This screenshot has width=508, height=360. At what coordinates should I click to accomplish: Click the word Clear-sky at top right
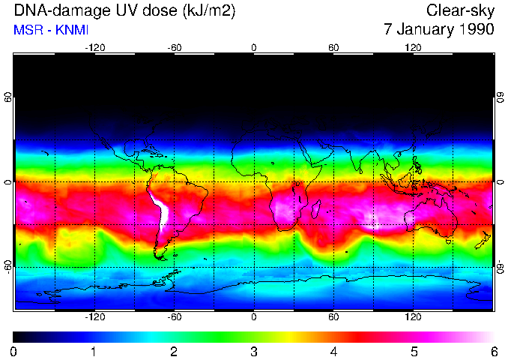click(x=461, y=10)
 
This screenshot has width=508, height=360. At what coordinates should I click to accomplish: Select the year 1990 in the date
click(x=474, y=30)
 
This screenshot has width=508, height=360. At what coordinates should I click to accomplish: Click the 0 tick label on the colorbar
click(x=14, y=351)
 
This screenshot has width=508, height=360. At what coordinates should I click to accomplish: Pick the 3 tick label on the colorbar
click(x=254, y=351)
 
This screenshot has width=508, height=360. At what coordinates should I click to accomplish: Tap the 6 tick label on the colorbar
click(x=494, y=351)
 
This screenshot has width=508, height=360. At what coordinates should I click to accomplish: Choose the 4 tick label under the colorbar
click(x=334, y=351)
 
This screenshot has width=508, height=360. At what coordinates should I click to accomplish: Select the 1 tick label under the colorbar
click(x=94, y=351)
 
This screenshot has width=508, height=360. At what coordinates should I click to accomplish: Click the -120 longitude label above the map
click(x=94, y=47)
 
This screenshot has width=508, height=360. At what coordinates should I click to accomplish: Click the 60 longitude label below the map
click(x=333, y=317)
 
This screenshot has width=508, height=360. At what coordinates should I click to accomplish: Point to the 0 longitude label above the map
click(x=254, y=47)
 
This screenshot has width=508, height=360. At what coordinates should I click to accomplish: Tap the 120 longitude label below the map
click(x=414, y=317)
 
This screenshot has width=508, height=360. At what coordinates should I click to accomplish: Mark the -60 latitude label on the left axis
click(x=8, y=267)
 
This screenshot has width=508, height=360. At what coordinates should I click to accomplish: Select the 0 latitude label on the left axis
click(x=8, y=182)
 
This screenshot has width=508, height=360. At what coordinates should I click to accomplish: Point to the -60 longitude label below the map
click(x=174, y=317)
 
